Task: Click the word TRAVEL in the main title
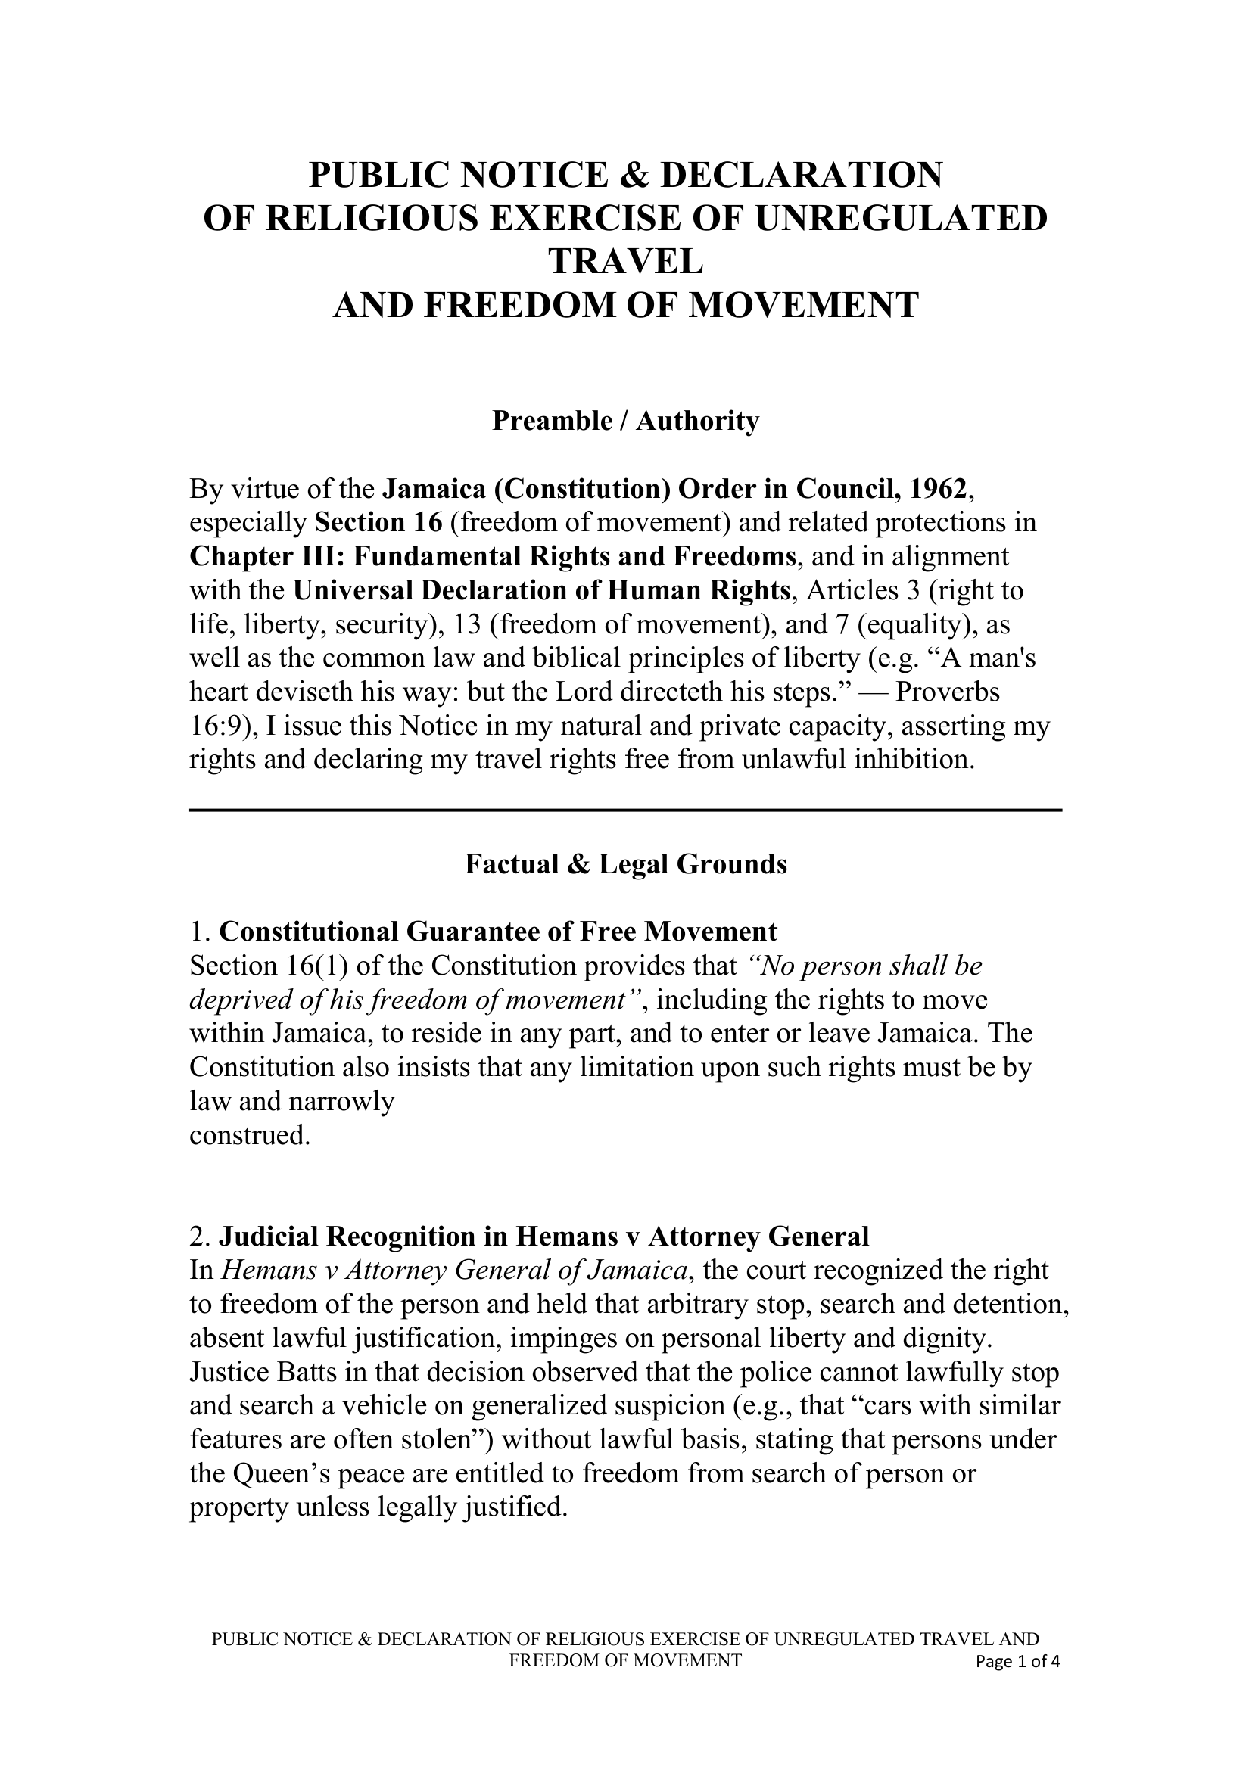(x=625, y=261)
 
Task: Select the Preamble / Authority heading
(x=625, y=421)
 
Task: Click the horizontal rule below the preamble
(x=625, y=810)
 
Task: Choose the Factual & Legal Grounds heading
(x=625, y=864)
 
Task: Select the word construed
(x=249, y=1136)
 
